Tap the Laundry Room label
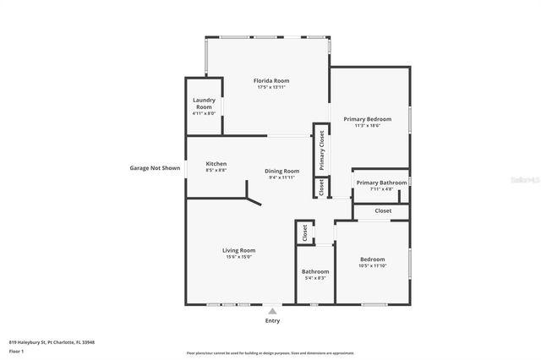coord(204,105)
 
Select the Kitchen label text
coord(216,164)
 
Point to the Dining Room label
coord(283,171)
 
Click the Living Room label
coord(238,250)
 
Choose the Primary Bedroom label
coord(367,119)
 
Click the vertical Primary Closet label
coord(321,150)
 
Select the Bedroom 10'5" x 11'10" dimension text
coord(372,266)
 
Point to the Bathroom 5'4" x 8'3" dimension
coord(314,278)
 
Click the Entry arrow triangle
coord(272,310)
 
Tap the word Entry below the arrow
coord(272,320)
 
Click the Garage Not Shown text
coord(155,167)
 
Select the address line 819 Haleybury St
coord(52,342)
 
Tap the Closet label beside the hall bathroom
coord(304,233)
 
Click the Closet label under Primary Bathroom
coord(383,210)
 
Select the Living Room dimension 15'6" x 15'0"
coord(238,257)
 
